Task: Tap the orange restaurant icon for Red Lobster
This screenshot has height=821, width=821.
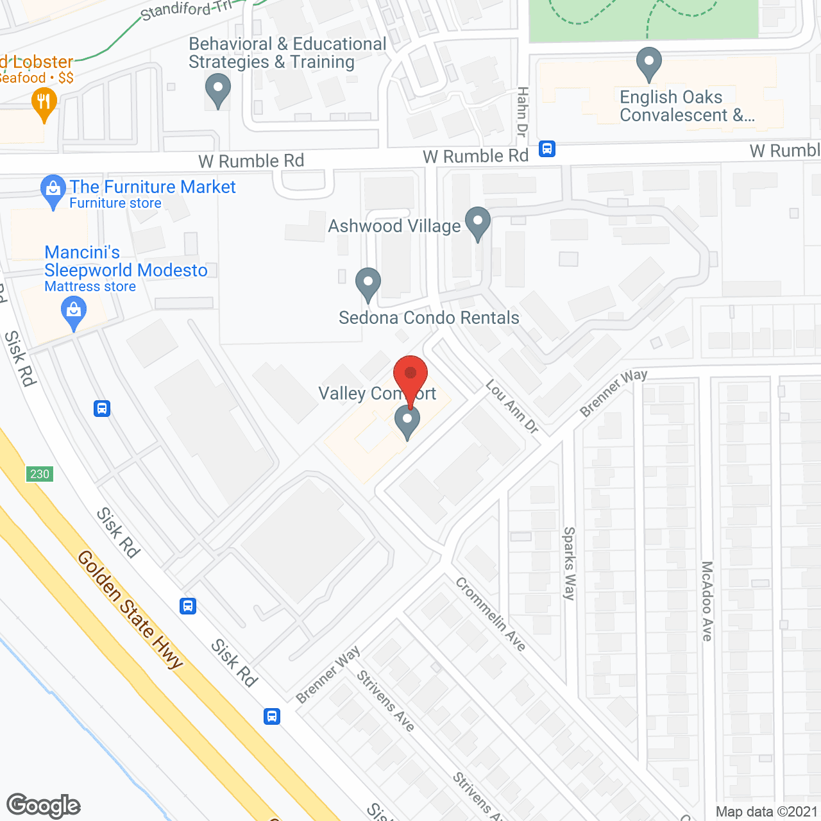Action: [x=44, y=103]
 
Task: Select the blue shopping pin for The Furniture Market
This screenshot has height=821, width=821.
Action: [x=53, y=190]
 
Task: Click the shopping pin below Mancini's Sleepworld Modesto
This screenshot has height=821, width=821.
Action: [x=74, y=312]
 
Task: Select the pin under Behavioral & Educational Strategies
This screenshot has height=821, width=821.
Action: [x=217, y=90]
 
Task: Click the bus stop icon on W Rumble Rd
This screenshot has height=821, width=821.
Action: [x=546, y=149]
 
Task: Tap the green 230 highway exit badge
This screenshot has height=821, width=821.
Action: [x=40, y=474]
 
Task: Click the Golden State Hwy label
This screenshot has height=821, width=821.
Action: [x=130, y=609]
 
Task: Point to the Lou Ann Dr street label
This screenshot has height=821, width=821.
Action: [x=512, y=407]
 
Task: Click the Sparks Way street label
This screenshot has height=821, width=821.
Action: [x=569, y=563]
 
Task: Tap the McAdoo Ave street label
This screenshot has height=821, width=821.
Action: [x=707, y=601]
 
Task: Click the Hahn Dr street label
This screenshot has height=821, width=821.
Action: [x=522, y=112]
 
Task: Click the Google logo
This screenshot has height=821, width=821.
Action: [x=44, y=806]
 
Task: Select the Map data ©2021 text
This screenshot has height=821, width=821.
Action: [x=766, y=811]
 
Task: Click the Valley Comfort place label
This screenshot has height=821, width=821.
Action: [x=377, y=393]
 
